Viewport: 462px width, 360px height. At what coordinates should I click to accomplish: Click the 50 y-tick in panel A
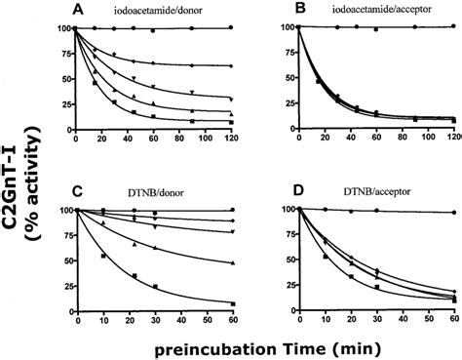64,78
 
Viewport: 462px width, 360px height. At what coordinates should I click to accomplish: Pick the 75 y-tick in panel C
64,235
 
